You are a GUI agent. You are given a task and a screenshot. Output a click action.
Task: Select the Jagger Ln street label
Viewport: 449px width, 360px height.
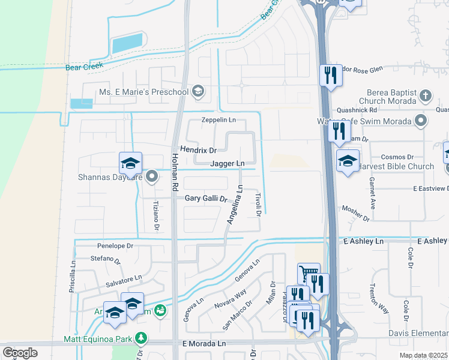pos(228,163)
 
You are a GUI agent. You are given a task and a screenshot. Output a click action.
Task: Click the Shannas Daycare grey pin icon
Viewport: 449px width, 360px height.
pos(152,177)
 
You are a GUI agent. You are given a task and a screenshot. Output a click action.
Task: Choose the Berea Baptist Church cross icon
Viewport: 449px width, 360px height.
pos(425,95)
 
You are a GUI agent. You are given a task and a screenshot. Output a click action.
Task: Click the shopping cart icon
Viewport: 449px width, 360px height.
pos(309,274)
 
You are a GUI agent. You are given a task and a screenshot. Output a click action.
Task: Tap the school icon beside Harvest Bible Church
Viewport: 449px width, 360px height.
pos(348,160)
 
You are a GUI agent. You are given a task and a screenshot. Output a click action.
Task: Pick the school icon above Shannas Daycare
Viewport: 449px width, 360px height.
pos(130,163)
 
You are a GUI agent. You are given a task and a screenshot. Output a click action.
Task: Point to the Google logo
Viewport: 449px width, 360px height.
pos(20,353)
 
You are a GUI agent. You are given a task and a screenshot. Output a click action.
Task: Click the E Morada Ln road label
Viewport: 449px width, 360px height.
pos(204,344)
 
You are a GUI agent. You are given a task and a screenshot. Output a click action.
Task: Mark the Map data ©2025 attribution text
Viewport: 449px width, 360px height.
pos(424,355)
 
